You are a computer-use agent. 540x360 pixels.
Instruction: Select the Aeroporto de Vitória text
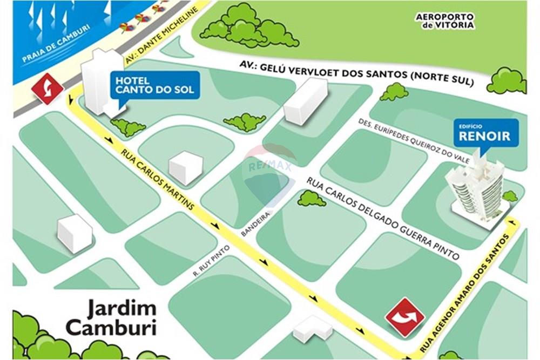pyautogui.click(x=445, y=21)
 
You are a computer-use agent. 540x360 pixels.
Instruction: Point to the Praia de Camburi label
pyautogui.click(x=56, y=44)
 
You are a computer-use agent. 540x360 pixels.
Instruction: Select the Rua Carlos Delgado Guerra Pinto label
pyautogui.click(x=383, y=218)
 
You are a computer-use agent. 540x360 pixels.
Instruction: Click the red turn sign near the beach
pyautogui.click(x=48, y=89)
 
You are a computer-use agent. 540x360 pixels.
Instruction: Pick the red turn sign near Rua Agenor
pyautogui.click(x=404, y=317)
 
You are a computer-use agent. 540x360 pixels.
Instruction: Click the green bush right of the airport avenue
pyautogui.click(x=507, y=81)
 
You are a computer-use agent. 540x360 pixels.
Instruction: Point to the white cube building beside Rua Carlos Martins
pyautogui.click(x=185, y=167)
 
